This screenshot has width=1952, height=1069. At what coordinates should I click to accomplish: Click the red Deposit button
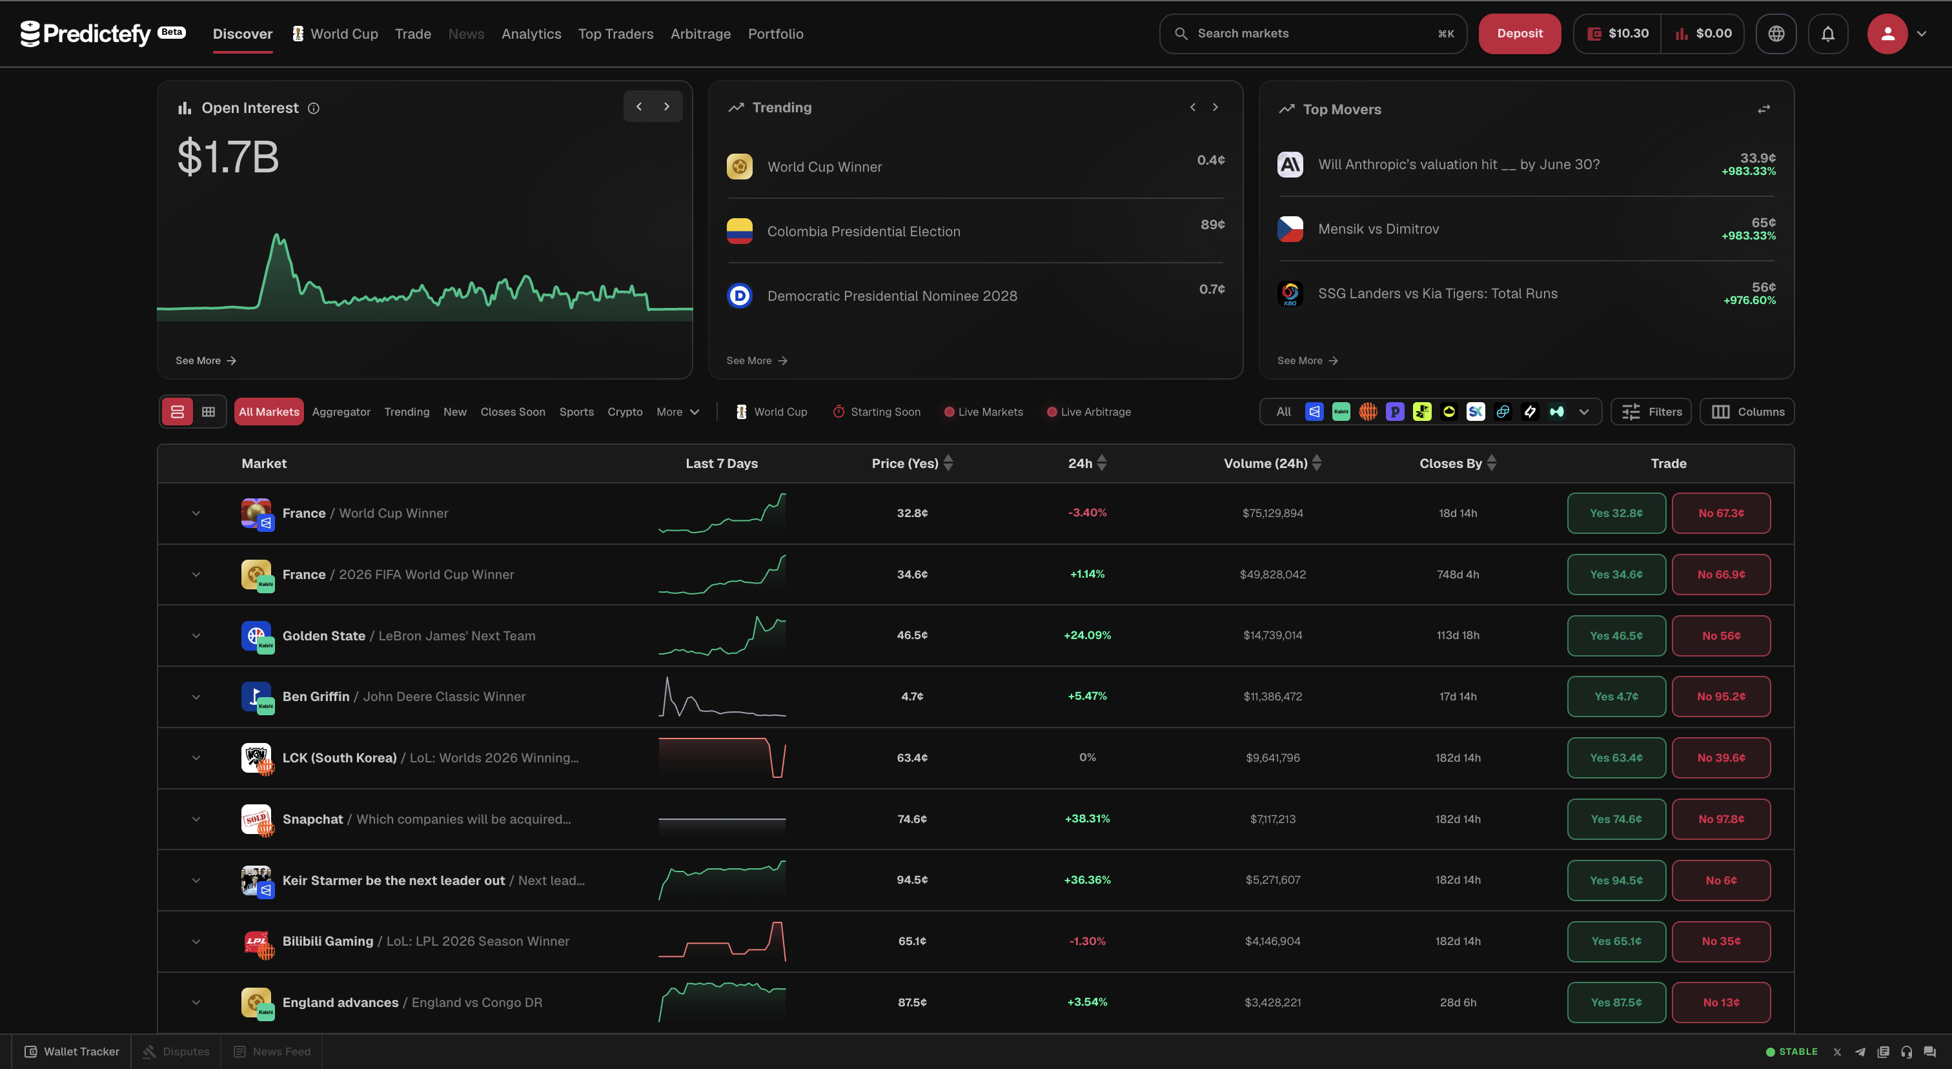1520,34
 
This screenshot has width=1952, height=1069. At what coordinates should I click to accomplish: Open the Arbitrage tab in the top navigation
700,34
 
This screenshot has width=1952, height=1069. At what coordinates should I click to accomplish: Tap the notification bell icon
1827,34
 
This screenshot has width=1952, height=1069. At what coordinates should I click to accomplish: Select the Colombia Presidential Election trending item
863,231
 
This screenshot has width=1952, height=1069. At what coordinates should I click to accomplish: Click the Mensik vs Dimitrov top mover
1378,229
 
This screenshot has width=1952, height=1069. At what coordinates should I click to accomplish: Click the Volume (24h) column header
1265,463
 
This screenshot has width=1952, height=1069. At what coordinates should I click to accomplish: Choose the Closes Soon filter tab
513,411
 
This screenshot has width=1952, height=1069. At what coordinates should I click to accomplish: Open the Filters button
1651,411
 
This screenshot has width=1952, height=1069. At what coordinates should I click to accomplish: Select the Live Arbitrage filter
1089,411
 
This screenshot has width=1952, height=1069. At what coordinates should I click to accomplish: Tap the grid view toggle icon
208,411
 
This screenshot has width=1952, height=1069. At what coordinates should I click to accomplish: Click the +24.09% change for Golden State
1086,635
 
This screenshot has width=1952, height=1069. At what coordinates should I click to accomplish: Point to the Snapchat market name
312,819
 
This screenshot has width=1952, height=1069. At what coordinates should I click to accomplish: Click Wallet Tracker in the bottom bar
72,1052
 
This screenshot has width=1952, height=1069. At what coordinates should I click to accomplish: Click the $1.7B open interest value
227,157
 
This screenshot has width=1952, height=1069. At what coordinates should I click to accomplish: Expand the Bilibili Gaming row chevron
196,942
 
